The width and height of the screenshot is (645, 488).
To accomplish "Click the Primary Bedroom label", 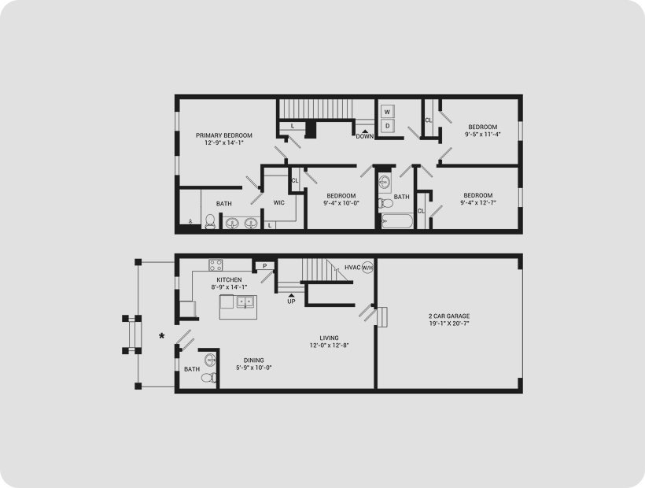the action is pyautogui.click(x=223, y=135).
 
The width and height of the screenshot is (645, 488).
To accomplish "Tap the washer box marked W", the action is pyautogui.click(x=387, y=112).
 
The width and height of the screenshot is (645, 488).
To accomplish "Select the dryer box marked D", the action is pyautogui.click(x=387, y=126).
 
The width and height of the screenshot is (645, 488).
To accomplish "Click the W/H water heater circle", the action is pyautogui.click(x=367, y=268).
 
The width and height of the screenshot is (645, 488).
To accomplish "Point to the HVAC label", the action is pyautogui.click(x=352, y=268).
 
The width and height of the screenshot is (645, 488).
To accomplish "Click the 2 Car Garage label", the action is pyautogui.click(x=449, y=316).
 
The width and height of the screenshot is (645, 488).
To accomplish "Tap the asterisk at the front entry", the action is pyautogui.click(x=162, y=337).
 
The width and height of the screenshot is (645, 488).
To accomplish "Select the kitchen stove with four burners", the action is pyautogui.click(x=216, y=265).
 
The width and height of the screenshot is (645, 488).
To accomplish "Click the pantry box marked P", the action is pyautogui.click(x=264, y=266).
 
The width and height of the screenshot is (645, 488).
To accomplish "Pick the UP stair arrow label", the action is pyautogui.click(x=291, y=299).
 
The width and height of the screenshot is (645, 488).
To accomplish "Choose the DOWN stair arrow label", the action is pyautogui.click(x=365, y=134).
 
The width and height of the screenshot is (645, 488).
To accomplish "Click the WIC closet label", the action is pyautogui.click(x=279, y=202).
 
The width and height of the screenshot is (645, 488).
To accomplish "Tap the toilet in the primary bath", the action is pyautogui.click(x=210, y=221).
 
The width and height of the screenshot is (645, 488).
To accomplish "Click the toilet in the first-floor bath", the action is pyautogui.click(x=211, y=377).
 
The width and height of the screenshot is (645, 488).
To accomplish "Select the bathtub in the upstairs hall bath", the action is pyautogui.click(x=396, y=221).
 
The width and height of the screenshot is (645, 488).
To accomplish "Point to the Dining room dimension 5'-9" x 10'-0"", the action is pyautogui.click(x=254, y=368).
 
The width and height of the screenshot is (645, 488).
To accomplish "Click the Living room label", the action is pyautogui.click(x=329, y=338).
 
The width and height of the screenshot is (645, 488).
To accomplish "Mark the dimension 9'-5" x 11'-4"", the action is pyautogui.click(x=483, y=134).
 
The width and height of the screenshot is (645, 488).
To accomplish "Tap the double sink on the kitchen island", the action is pyautogui.click(x=246, y=302).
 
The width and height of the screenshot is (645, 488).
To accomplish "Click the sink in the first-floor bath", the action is pyautogui.click(x=210, y=359).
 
